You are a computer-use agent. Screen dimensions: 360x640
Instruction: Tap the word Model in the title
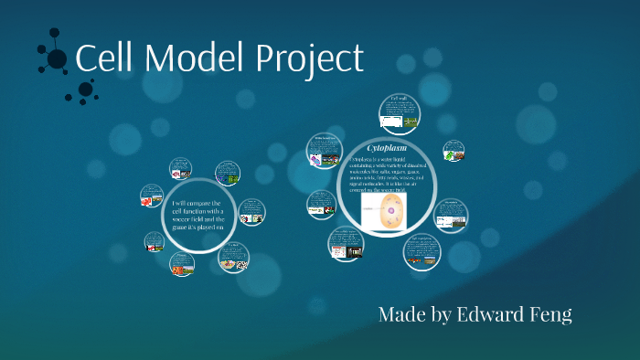coord(186,59)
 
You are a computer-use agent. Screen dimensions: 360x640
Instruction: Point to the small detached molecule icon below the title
coord(85,90)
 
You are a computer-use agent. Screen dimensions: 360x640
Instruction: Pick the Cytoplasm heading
coord(386,147)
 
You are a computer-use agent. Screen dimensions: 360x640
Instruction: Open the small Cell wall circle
coord(400,111)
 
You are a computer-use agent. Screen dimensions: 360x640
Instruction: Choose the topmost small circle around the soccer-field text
coord(181,169)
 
